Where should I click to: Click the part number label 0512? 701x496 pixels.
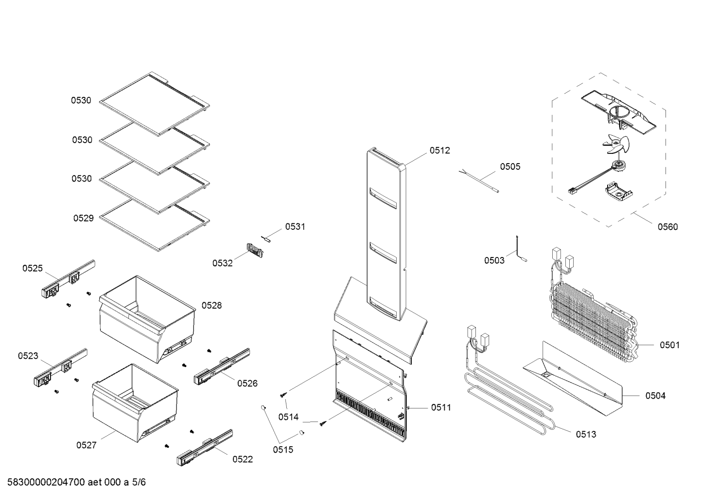click(x=439, y=151)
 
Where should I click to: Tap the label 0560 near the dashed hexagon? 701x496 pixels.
click(x=667, y=227)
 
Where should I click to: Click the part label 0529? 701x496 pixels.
click(x=83, y=218)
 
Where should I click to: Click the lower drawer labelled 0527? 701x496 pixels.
click(x=134, y=404)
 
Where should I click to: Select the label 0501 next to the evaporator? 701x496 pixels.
click(x=669, y=345)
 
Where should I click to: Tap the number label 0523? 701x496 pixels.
click(x=28, y=356)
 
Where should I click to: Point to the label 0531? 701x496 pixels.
click(x=295, y=226)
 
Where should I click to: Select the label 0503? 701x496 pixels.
click(x=494, y=260)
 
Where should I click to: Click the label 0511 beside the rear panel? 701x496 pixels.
click(x=441, y=407)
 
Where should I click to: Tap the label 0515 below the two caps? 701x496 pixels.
click(x=283, y=450)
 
